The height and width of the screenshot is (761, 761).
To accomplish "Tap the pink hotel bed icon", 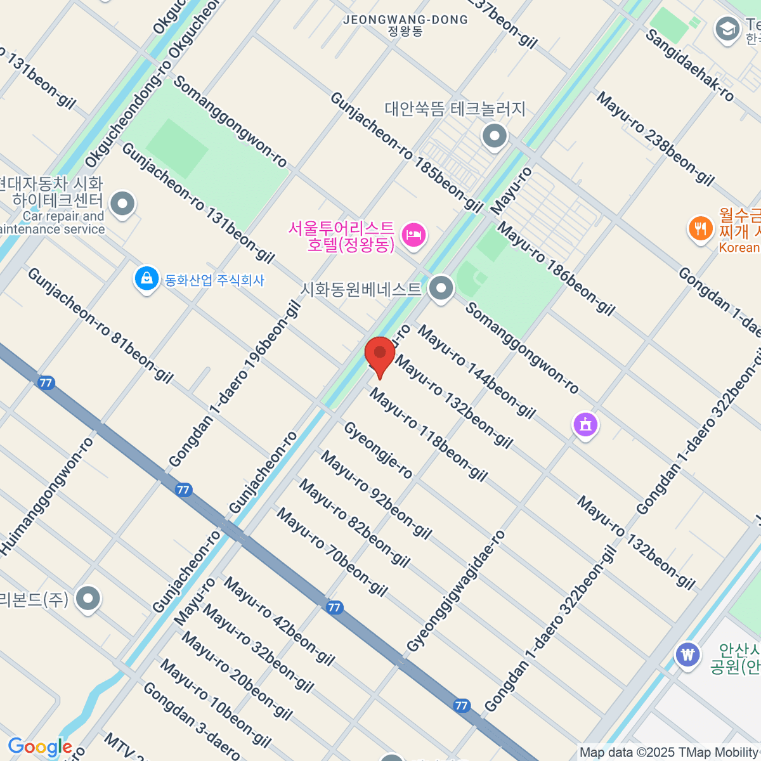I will pyautogui.click(x=413, y=235).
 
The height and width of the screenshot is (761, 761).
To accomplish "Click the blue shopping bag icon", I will pyautogui.click(x=146, y=279).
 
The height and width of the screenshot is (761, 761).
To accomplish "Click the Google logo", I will pyautogui.click(x=39, y=747).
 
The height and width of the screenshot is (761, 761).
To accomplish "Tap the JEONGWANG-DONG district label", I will pyautogui.click(x=405, y=25).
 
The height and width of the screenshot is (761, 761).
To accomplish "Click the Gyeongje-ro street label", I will pyautogui.click(x=378, y=450).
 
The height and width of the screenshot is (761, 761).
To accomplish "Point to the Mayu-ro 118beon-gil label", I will pyautogui.click(x=429, y=435).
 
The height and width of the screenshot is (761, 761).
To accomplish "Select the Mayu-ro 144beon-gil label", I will pyautogui.click(x=476, y=371).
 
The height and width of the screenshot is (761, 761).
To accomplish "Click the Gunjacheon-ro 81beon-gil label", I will pyautogui.click(x=100, y=325).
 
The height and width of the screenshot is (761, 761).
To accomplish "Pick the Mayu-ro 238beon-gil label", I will pyautogui.click(x=655, y=138).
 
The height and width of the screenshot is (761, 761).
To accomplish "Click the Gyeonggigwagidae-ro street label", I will pyautogui.click(x=456, y=591).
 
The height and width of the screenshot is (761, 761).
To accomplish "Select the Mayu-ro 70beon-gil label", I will pyautogui.click(x=332, y=552).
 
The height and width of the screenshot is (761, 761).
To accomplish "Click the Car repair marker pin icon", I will pyautogui.click(x=122, y=204).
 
